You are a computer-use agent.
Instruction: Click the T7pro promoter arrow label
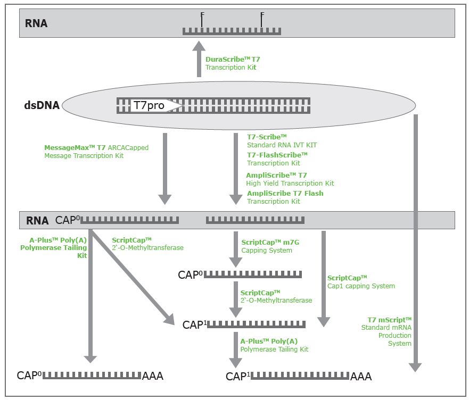(149, 105)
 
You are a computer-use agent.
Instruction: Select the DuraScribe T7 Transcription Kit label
(233, 63)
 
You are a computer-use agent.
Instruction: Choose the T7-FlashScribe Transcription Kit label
(277, 159)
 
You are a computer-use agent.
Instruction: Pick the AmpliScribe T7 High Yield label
(290, 179)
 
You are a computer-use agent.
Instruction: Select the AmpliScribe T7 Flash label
(285, 197)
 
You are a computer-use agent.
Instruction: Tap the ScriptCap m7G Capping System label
(270, 246)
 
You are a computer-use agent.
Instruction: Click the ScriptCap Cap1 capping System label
(361, 281)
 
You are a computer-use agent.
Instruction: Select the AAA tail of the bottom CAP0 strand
(153, 376)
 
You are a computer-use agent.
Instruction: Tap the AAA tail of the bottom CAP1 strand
(361, 377)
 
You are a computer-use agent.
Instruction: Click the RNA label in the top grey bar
(36, 23)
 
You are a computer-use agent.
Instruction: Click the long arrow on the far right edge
(415, 239)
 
